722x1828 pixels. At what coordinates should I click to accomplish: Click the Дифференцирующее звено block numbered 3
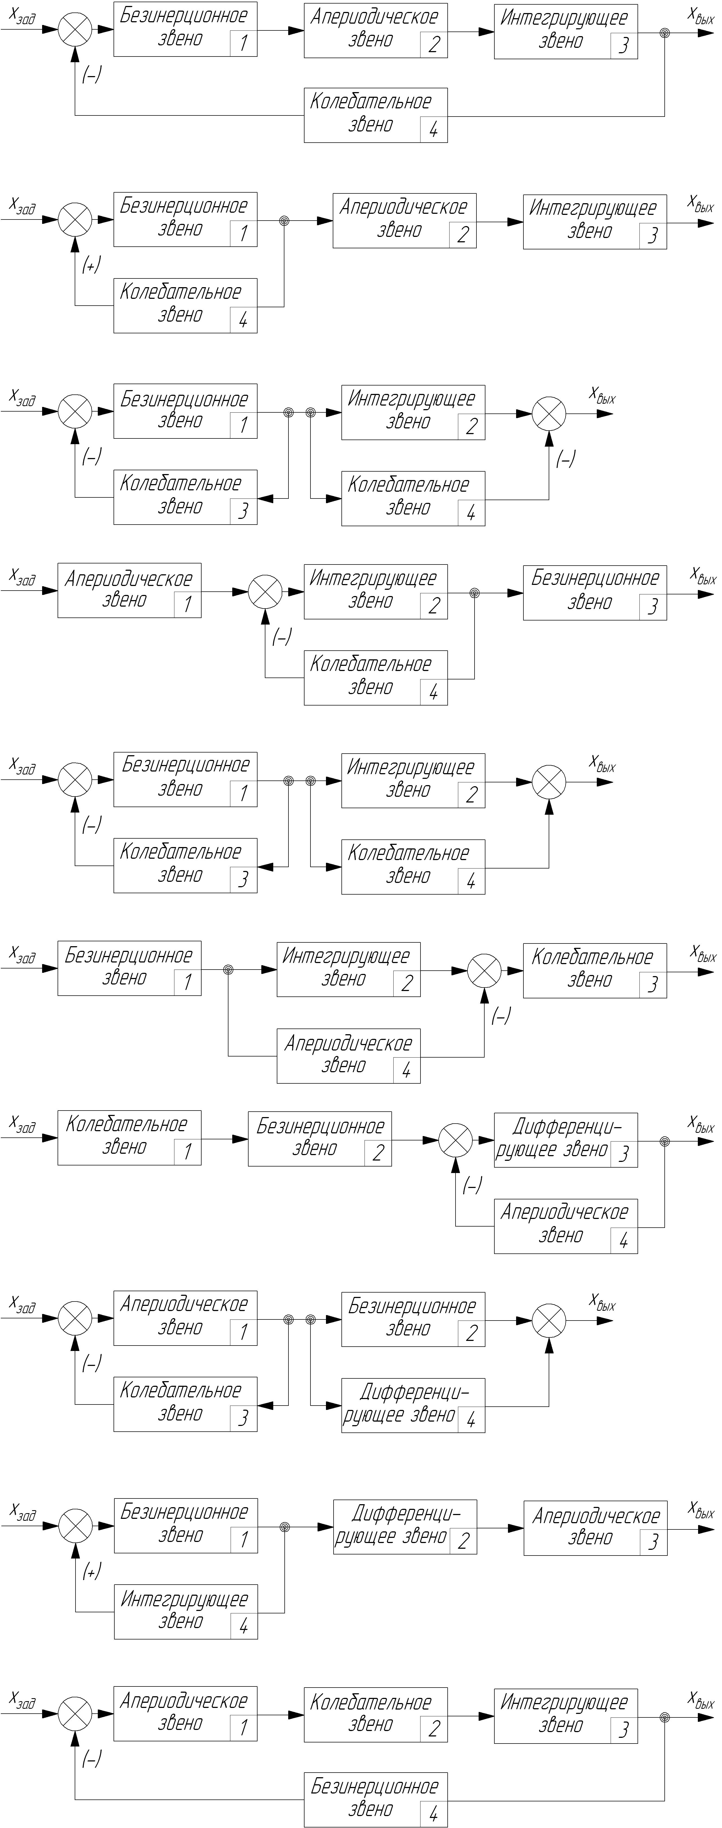(x=565, y=1140)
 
